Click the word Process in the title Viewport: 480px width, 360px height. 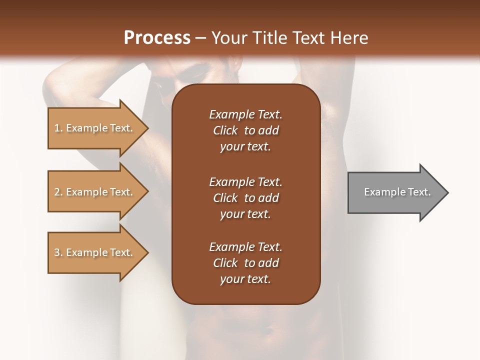tap(157, 38)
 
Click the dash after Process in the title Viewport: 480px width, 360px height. tap(201, 38)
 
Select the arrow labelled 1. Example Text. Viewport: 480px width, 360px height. tap(95, 128)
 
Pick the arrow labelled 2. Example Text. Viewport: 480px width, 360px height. tap(95, 192)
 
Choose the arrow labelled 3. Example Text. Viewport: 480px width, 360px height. tap(95, 252)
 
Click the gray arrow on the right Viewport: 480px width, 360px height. tap(395, 192)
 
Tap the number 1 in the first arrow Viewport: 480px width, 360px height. tap(57, 128)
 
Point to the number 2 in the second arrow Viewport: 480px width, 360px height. tap(57, 192)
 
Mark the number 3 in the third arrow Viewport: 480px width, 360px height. tap(57, 252)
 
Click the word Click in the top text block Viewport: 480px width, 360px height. tap(225, 130)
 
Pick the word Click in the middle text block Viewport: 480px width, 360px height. tap(225, 198)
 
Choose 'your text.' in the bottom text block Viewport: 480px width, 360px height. tap(245, 279)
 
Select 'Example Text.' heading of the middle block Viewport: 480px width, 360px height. tap(245, 182)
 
